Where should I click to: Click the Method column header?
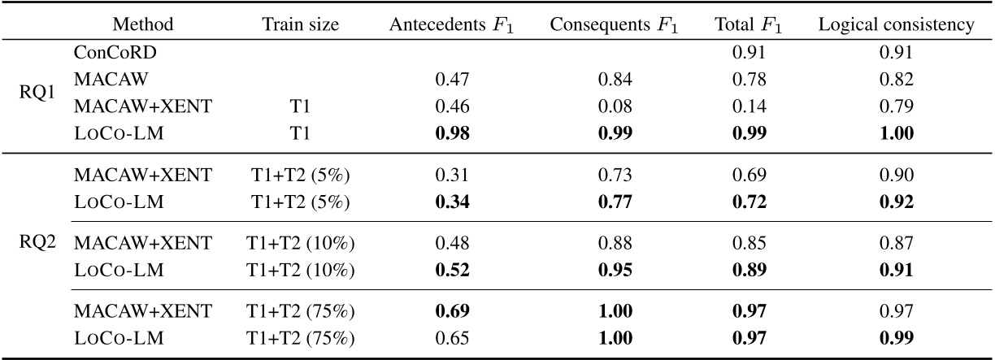coord(142,25)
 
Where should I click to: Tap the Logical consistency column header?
coord(896,25)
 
